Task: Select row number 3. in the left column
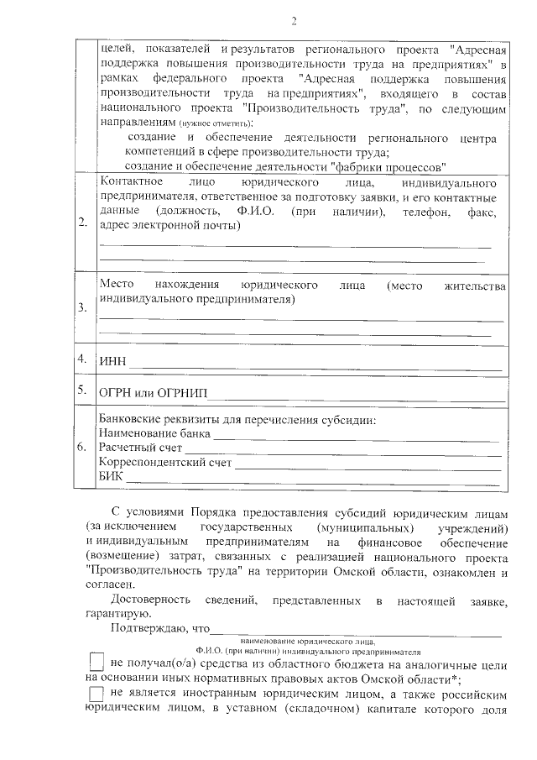tap(82, 308)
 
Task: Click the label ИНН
tap(112, 362)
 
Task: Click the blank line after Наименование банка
tap(356, 436)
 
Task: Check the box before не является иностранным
tap(96, 693)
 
